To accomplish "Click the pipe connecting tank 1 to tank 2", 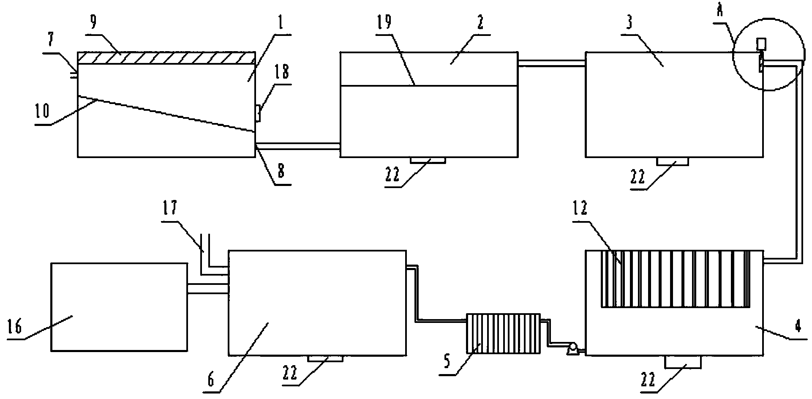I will pos(298,146).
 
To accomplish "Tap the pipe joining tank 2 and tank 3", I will pos(551,63).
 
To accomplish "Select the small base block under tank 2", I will pos(428,160).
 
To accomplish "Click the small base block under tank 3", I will pos(673,161).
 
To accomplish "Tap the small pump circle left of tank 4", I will pos(573,348).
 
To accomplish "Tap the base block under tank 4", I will pos(683,362).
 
